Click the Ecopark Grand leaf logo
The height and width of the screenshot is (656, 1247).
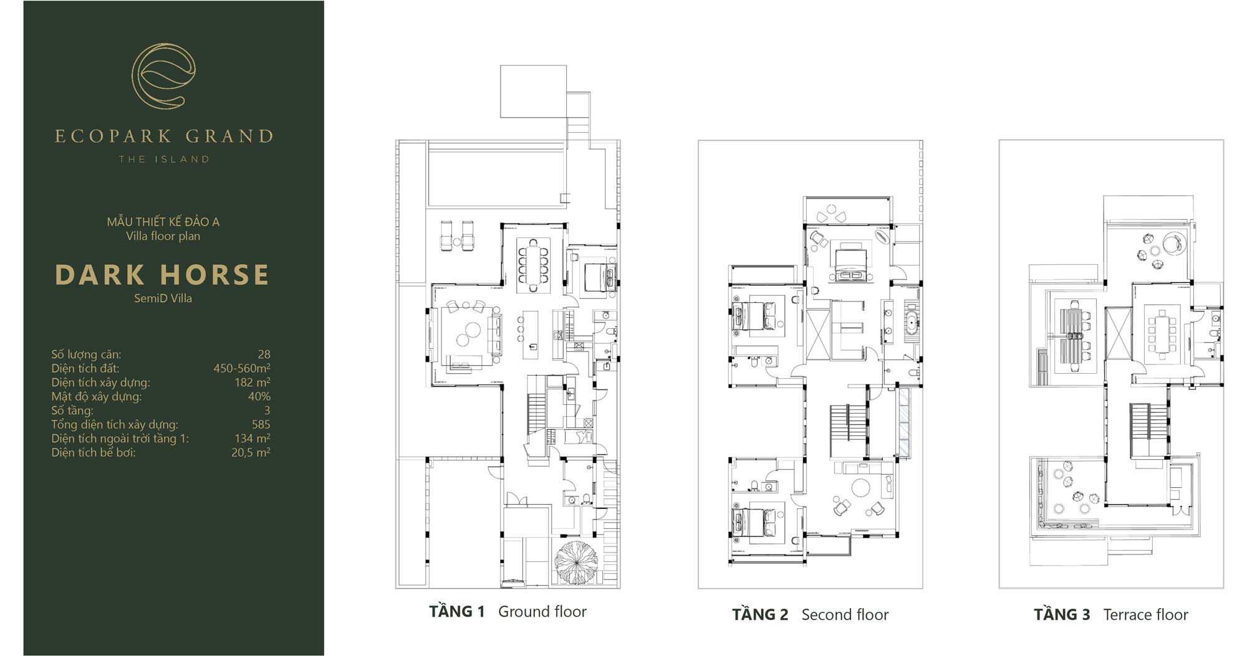point(163,76)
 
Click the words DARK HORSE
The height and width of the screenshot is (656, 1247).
point(163,275)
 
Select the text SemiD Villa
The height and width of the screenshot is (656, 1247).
point(163,298)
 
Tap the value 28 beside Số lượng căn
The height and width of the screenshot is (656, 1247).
point(264,354)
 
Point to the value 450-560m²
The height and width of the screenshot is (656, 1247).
point(242,368)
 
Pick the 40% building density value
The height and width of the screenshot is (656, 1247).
point(259,396)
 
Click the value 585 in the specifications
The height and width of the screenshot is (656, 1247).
point(261,424)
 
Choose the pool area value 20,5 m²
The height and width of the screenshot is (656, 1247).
point(251,452)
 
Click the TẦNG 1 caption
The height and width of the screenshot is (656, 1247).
point(456,612)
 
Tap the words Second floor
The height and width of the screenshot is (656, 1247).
point(845,615)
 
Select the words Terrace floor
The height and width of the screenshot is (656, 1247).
point(1145,615)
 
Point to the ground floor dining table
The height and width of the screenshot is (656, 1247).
point(533,265)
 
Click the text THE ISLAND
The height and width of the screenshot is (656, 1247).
point(164,159)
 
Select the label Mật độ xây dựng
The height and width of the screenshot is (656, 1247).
point(97,397)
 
